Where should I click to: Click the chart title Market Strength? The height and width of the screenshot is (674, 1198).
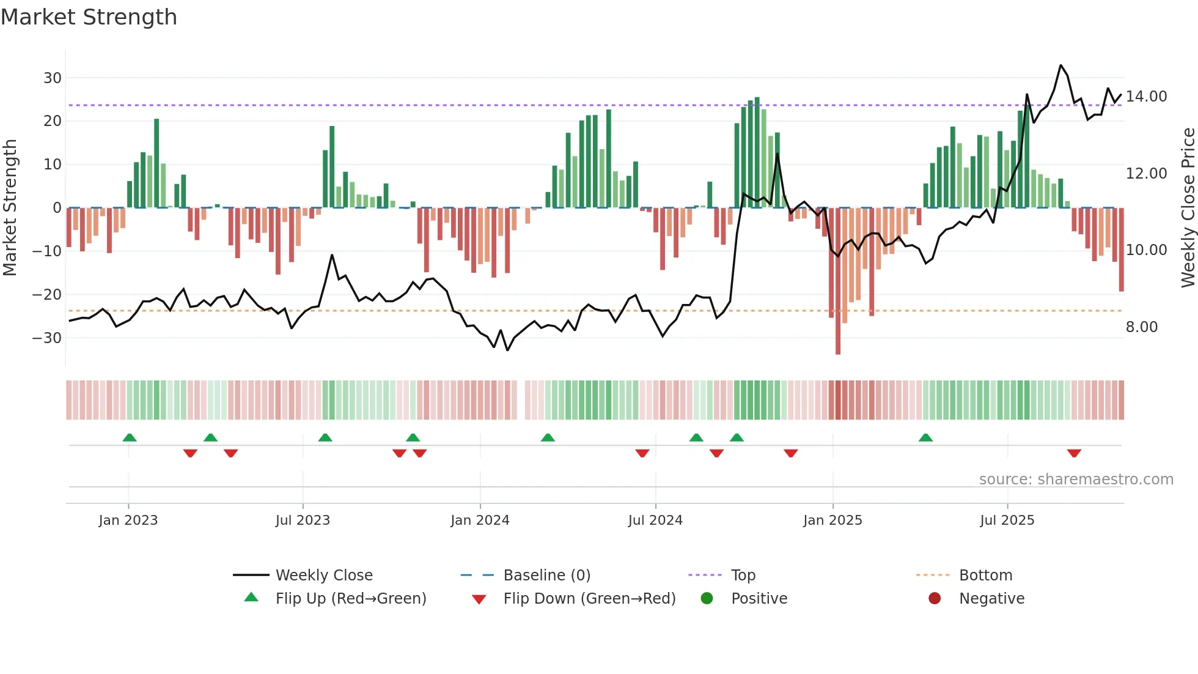pos(89,17)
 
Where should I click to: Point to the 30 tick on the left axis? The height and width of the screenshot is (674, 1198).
pos(53,78)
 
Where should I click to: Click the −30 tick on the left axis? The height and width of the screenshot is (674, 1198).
pos(47,338)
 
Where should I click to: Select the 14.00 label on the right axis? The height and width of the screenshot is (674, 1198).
pos(1146,97)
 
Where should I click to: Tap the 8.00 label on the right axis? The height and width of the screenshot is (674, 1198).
pos(1141,327)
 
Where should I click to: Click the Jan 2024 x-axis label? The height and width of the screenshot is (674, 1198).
pos(480,520)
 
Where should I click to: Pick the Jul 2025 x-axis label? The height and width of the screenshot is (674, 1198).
pos(1007,520)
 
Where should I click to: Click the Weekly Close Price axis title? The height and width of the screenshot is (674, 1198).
pos(1188,208)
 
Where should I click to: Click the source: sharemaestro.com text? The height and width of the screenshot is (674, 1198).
pos(1076,480)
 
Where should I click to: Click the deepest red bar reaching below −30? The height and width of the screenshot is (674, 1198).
pos(838,281)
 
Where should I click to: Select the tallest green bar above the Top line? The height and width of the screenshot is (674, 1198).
pos(757,153)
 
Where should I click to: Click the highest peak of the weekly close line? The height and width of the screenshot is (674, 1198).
pos(1060,65)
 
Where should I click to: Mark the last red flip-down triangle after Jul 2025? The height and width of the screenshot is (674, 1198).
pos(1074,453)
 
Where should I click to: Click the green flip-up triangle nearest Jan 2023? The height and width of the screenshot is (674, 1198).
pos(130,437)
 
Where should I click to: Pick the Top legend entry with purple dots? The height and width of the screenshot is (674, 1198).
pos(743,576)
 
